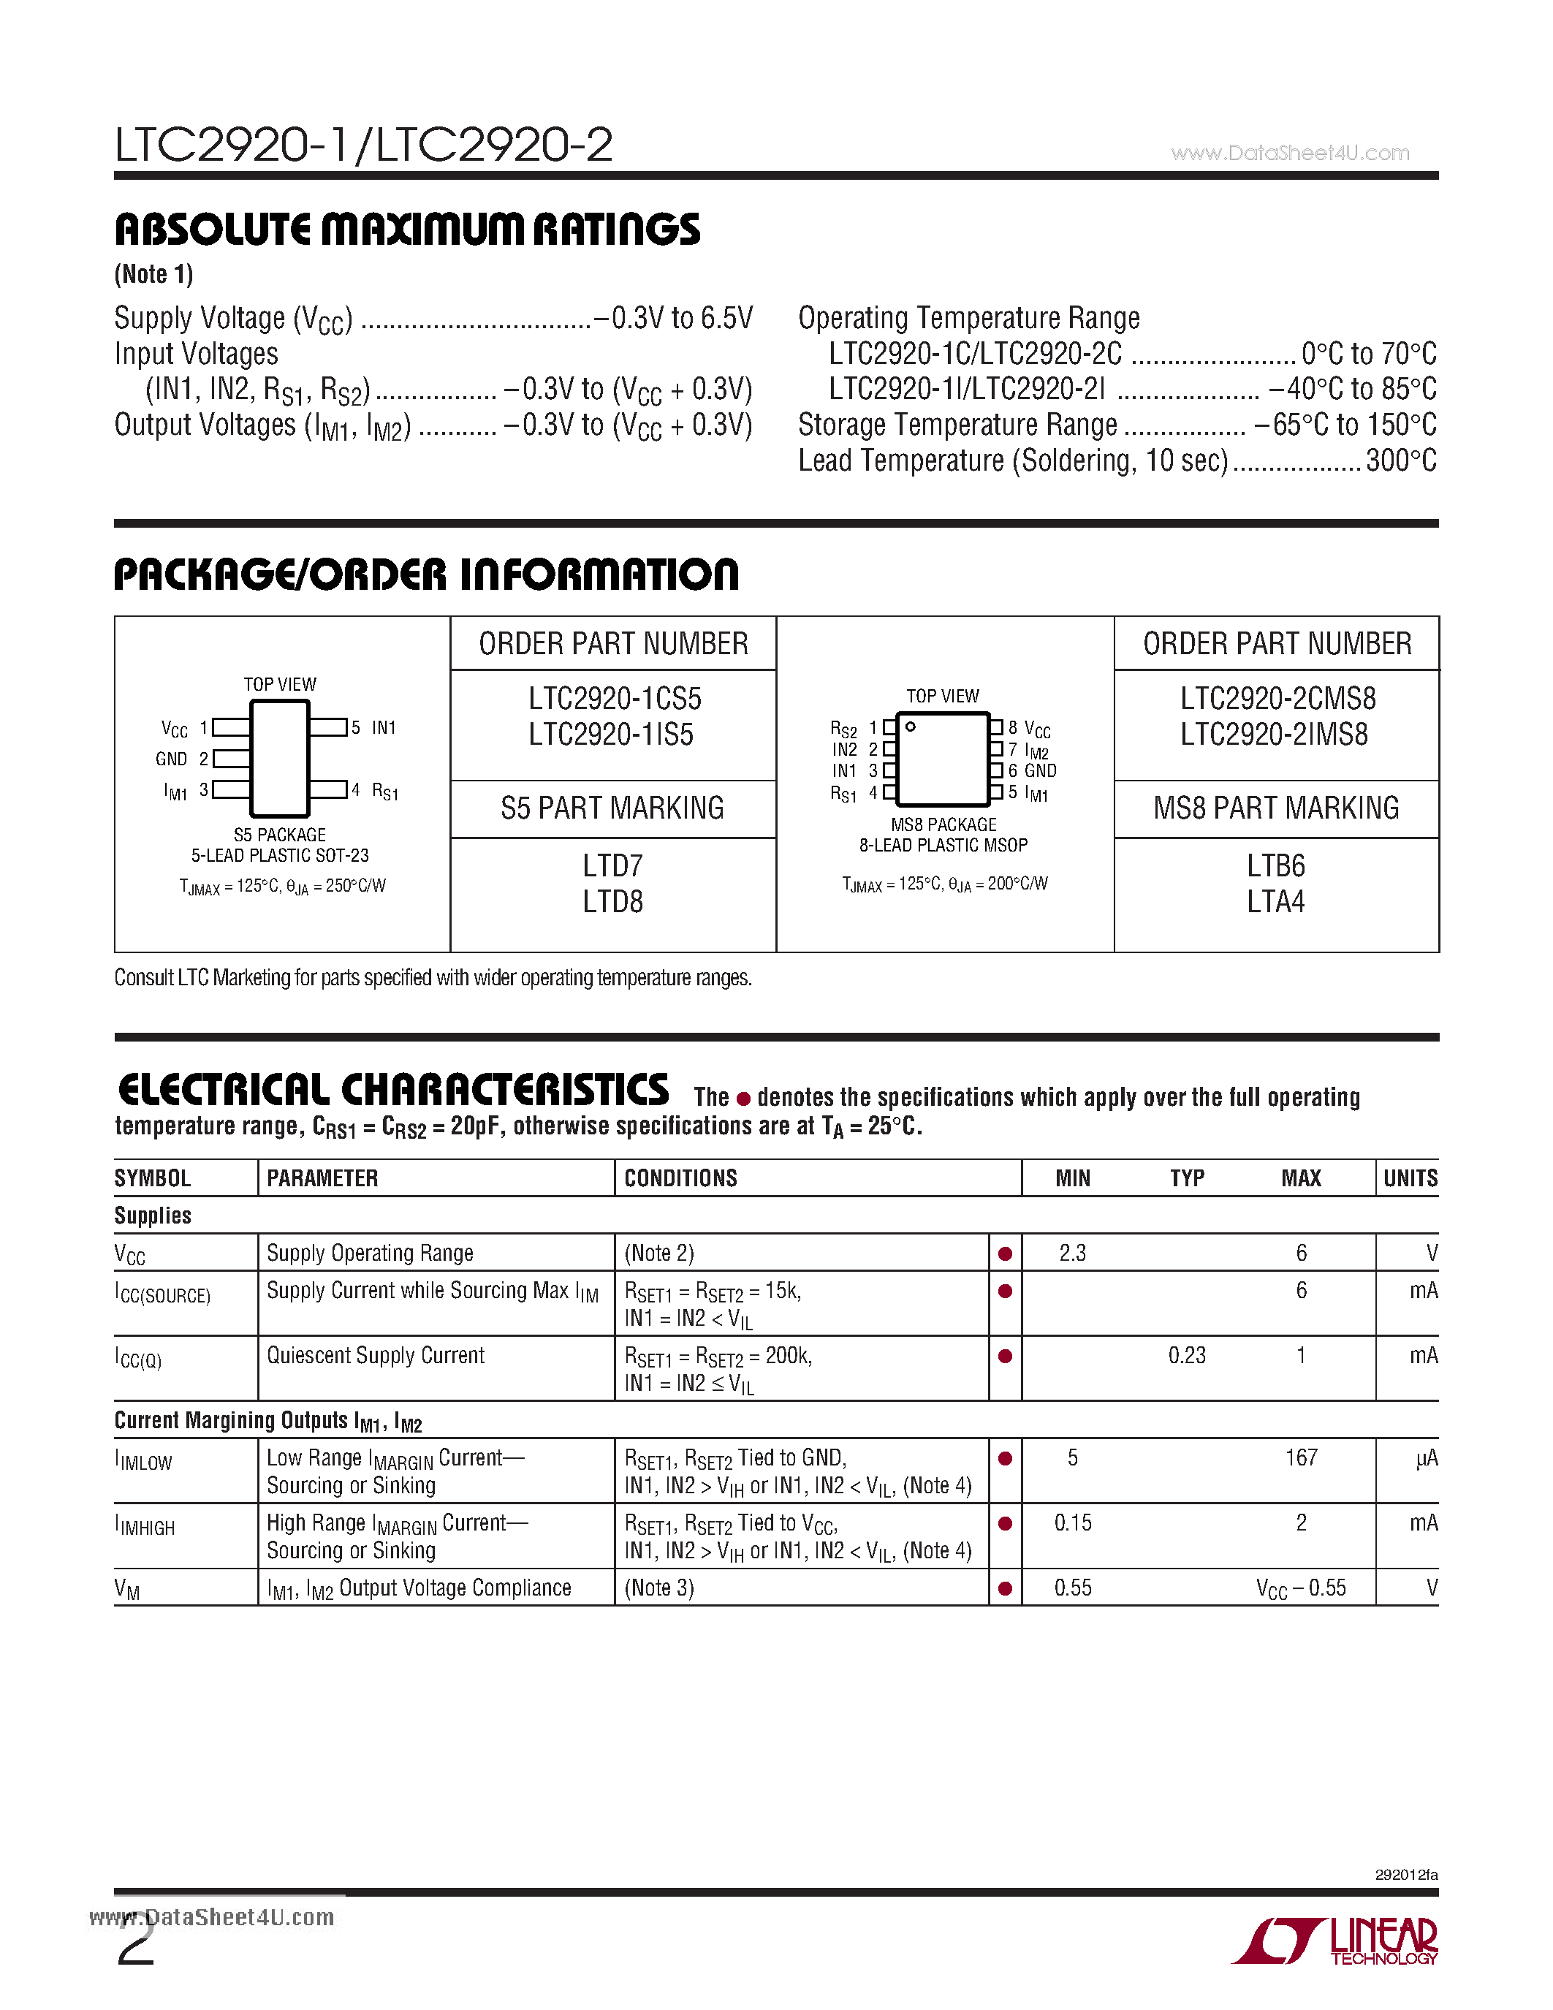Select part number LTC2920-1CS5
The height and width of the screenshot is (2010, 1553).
pyautogui.click(x=614, y=699)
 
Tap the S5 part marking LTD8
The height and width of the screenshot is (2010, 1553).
pyautogui.click(x=612, y=902)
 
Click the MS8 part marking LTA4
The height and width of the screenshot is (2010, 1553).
pyautogui.click(x=1275, y=902)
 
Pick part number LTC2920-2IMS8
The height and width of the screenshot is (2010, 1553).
pyautogui.click(x=1275, y=735)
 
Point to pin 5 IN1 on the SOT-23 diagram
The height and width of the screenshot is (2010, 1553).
pyautogui.click(x=373, y=728)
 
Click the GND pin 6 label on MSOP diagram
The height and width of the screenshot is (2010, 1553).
pyautogui.click(x=1032, y=771)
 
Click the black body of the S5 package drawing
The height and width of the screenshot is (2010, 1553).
pyautogui.click(x=280, y=759)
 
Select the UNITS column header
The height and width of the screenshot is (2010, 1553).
pyautogui.click(x=1410, y=1178)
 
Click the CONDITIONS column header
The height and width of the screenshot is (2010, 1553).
pyautogui.click(x=681, y=1178)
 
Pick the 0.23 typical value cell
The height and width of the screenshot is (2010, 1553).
pyautogui.click(x=1186, y=1356)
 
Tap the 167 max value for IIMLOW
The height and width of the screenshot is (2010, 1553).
pyautogui.click(x=1301, y=1458)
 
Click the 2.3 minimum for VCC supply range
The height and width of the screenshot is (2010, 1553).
pyautogui.click(x=1072, y=1254)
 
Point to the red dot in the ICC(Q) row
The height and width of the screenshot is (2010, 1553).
pyautogui.click(x=1005, y=1357)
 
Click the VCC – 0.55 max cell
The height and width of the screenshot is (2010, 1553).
pyautogui.click(x=1300, y=1588)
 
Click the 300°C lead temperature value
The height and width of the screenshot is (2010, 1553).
pyautogui.click(x=1400, y=461)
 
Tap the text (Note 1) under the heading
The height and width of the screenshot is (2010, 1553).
pyautogui.click(x=153, y=274)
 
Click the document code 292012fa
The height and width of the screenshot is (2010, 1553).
pyautogui.click(x=1406, y=1875)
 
